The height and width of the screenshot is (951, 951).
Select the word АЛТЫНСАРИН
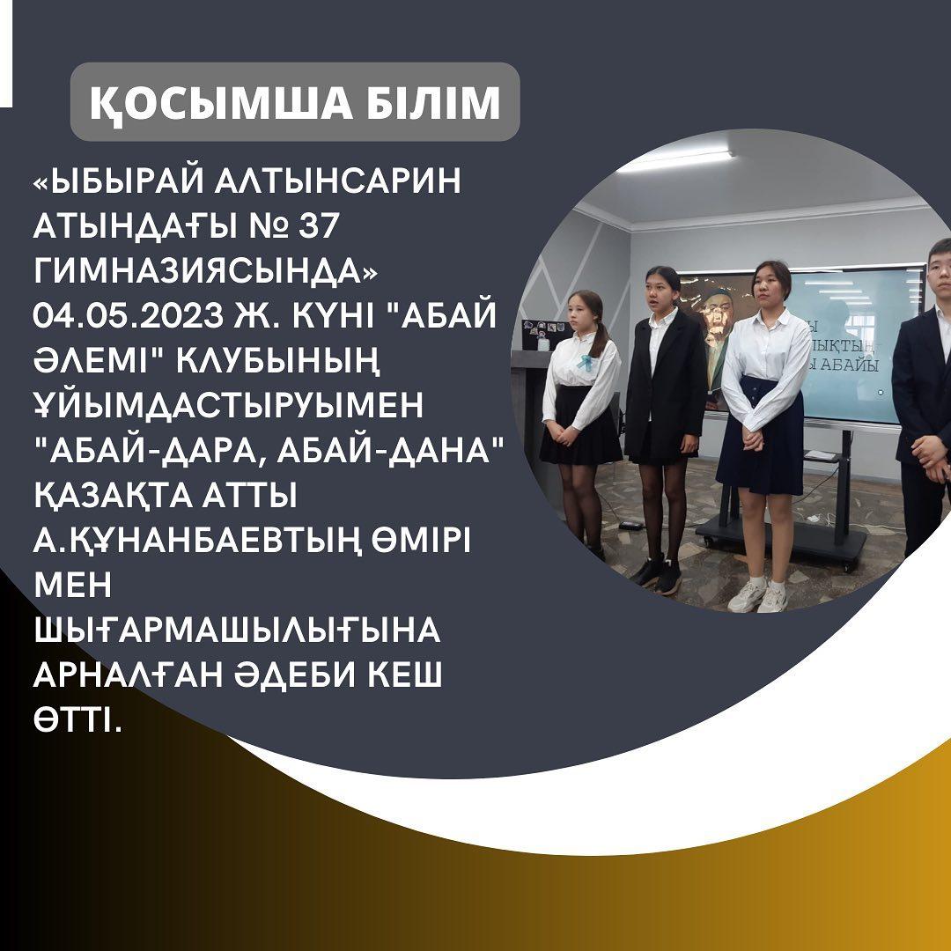[336, 181]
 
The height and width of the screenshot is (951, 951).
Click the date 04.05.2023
[129, 315]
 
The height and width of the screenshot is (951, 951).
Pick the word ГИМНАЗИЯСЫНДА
[205, 270]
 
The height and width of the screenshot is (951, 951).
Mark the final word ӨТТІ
[77, 719]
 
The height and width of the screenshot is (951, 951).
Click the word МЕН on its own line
[73, 585]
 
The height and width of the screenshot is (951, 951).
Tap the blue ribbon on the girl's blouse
[585, 362]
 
